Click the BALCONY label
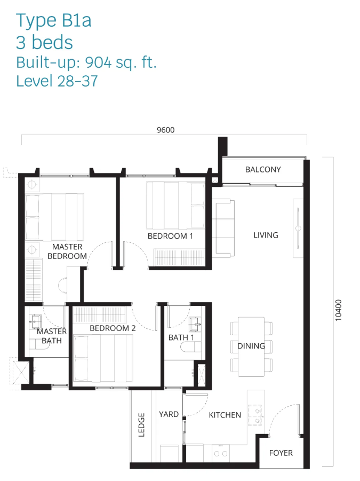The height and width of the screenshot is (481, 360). tap(263, 170)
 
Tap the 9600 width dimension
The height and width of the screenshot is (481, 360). tap(165, 130)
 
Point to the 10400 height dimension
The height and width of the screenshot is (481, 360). tap(338, 310)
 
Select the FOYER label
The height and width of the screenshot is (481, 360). tap(281, 453)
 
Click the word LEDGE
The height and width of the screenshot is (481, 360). tap(141, 424)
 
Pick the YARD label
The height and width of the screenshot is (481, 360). tap(169, 414)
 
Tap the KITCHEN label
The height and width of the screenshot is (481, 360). tap(225, 415)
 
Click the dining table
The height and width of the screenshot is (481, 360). tap(251, 347)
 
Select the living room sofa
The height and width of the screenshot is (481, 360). tap(223, 228)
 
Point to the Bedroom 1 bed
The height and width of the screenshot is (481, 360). tap(175, 205)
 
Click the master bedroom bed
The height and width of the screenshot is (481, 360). tap(54, 217)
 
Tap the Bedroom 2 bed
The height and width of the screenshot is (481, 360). tap(103, 358)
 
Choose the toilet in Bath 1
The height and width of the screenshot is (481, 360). tap(190, 347)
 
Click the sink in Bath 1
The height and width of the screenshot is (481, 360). tap(195, 324)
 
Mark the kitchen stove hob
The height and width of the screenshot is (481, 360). tap(255, 415)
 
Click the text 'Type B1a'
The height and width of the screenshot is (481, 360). tap(54, 20)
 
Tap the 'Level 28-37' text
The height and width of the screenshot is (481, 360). tap(57, 81)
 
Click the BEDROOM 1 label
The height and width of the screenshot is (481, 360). tap(170, 236)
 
